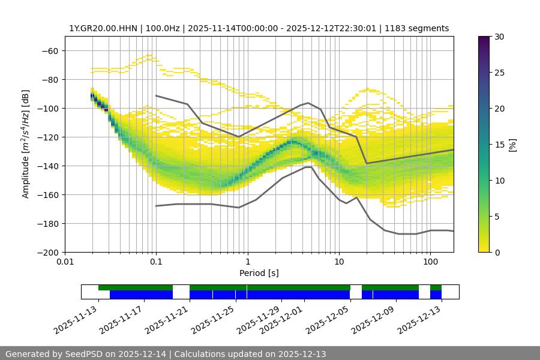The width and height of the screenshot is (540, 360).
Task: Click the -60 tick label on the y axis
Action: point(49,51)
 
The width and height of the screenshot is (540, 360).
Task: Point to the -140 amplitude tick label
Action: point(47,166)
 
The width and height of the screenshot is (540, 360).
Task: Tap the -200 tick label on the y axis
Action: point(47,253)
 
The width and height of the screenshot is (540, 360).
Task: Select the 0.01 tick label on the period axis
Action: point(65,262)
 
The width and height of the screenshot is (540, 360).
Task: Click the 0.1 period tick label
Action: point(156,262)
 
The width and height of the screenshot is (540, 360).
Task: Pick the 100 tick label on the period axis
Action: point(430,262)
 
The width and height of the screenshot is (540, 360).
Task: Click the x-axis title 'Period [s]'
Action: point(259,273)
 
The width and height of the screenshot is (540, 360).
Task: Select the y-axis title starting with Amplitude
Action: point(26,144)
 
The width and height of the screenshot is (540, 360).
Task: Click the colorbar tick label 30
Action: point(499,37)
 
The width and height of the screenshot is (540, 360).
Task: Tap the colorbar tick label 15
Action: point(499,145)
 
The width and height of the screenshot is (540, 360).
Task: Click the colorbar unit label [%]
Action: point(512,145)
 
